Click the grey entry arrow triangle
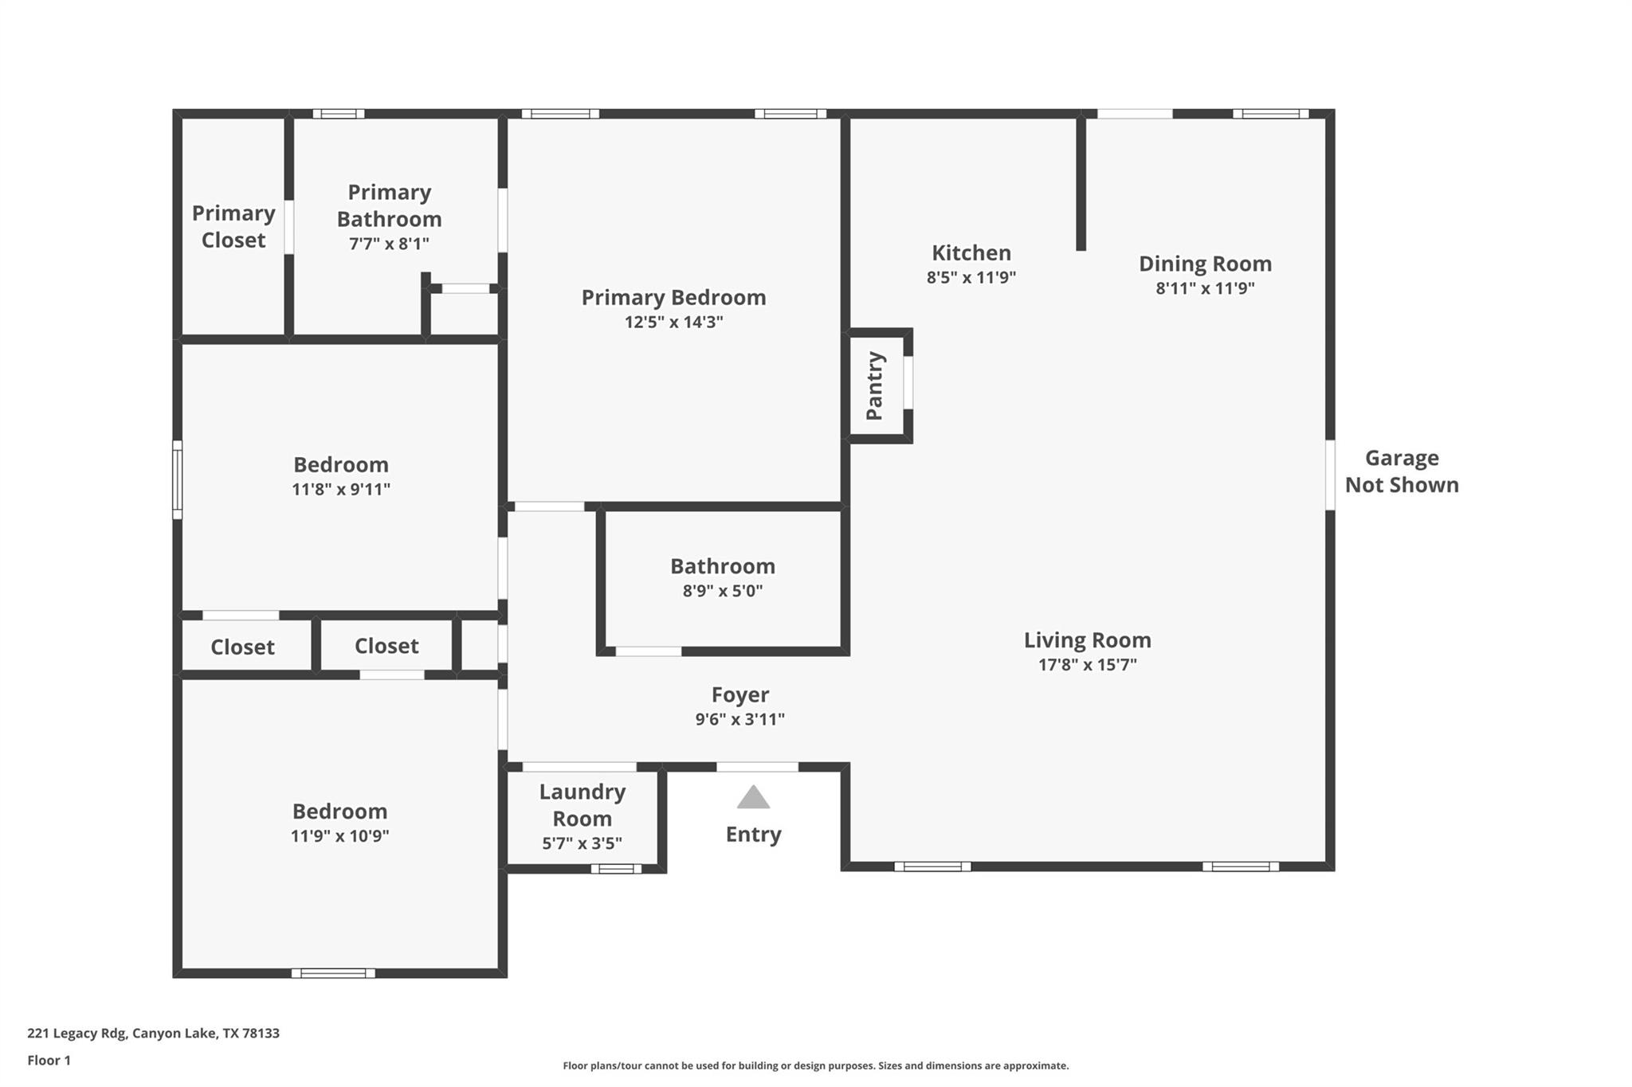[753, 798]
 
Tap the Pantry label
[874, 385]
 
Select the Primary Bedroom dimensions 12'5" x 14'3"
[673, 323]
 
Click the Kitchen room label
[971, 253]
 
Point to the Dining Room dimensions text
[1205, 288]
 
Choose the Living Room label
[1087, 640]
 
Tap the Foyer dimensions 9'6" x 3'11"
[739, 720]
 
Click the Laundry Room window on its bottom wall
[616, 869]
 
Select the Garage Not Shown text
[1402, 471]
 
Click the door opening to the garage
[1330, 475]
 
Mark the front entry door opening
[757, 767]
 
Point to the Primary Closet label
[233, 227]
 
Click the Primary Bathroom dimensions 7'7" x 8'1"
[389, 244]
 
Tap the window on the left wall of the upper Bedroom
[178, 479]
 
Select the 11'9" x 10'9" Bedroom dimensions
[339, 836]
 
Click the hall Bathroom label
[722, 566]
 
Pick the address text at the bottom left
[153, 1034]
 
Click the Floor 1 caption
[49, 1061]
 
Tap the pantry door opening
[908, 383]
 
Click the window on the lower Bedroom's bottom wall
[333, 973]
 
